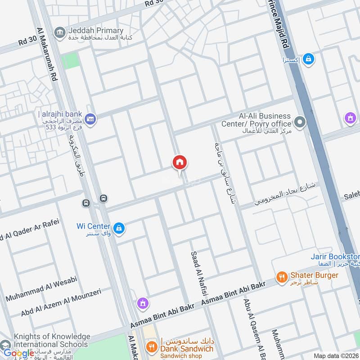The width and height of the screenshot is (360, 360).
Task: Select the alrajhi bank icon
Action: tap(91, 119)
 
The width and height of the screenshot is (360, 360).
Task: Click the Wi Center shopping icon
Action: tap(118, 228)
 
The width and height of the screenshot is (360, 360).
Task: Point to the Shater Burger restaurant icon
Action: tap(282, 277)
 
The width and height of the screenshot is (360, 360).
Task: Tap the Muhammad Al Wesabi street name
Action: tap(41, 288)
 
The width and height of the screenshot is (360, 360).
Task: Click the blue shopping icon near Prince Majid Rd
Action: tap(308, 59)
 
